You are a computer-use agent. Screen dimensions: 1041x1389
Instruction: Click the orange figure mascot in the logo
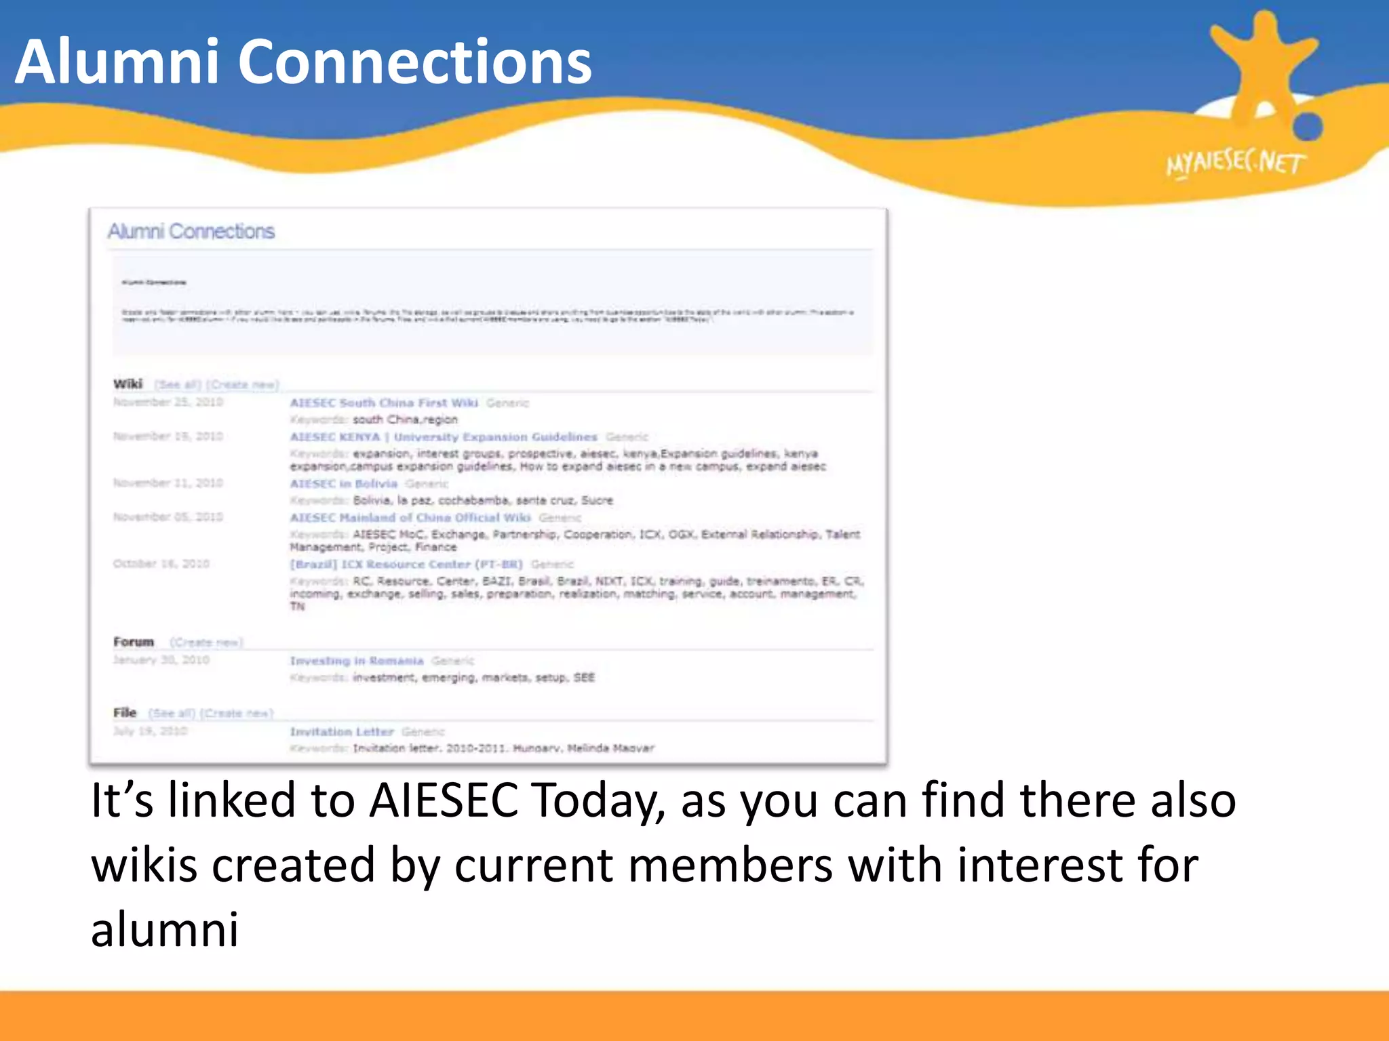pos(1263,64)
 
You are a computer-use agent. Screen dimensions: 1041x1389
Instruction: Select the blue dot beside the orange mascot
pos(1308,126)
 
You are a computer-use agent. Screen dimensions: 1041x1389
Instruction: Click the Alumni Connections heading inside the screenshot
pos(191,232)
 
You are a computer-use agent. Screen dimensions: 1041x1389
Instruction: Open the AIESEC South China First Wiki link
pos(384,403)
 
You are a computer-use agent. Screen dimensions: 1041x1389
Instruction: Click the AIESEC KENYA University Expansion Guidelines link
pos(444,436)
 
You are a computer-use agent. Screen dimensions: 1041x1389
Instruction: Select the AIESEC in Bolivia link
pos(344,483)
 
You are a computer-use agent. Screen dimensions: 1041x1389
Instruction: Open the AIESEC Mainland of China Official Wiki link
pos(410,517)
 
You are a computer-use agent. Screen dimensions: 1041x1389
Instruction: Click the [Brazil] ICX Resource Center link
pos(406,564)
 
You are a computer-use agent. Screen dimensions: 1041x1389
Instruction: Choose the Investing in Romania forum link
pos(357,660)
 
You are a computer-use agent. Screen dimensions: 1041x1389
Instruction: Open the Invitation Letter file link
pos(342,731)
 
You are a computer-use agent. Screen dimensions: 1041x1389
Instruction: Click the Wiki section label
pos(128,384)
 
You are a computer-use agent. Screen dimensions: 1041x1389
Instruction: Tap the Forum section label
pos(134,642)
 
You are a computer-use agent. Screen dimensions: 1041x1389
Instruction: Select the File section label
pos(125,713)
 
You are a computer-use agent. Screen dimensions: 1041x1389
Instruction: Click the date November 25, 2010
pos(168,402)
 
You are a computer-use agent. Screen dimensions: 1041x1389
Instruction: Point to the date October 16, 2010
pos(161,563)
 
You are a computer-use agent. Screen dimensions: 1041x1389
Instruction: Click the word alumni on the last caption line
pos(165,930)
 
